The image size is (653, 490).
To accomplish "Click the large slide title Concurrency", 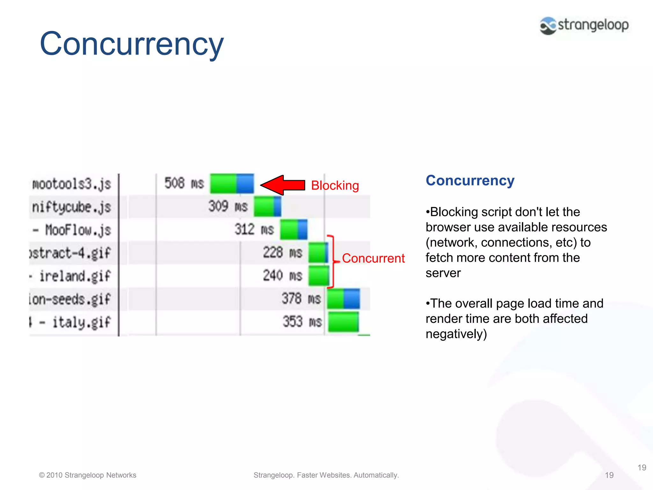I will (131, 44).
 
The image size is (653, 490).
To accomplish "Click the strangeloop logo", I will (584, 25).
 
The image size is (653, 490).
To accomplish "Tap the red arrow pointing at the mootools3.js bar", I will (282, 185).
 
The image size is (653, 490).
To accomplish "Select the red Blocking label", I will (335, 186).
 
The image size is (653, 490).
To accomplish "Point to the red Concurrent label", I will (373, 258).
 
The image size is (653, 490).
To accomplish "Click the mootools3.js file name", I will (72, 184).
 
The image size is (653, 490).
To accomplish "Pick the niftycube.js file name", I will (72, 207).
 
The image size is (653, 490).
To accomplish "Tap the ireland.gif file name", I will (75, 276).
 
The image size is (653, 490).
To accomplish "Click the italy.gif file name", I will (81, 322).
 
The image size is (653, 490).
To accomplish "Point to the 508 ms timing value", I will (184, 183).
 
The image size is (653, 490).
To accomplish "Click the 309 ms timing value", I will (228, 206).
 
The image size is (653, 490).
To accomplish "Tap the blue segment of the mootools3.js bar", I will (245, 183).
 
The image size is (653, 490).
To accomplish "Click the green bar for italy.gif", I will (343, 322).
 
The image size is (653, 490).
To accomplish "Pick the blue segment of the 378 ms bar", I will (352, 299).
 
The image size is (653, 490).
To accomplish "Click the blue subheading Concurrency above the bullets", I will (470, 181).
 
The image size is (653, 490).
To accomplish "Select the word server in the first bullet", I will (443, 273).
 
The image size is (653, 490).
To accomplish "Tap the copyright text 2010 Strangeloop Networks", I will (88, 475).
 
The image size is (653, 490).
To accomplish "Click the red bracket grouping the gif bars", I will (332, 262).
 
